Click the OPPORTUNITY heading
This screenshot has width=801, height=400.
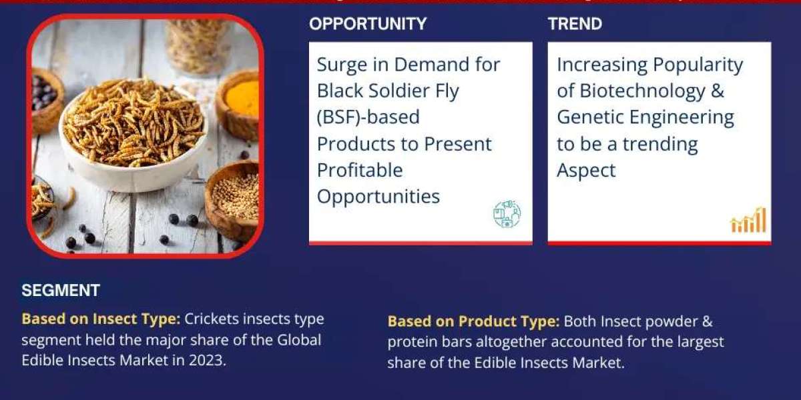[368, 24]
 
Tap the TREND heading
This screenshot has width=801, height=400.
[575, 24]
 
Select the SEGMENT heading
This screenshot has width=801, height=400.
[61, 291]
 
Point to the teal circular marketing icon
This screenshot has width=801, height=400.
[507, 213]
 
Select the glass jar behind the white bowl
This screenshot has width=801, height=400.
[198, 45]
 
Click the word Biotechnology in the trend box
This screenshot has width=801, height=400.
[642, 91]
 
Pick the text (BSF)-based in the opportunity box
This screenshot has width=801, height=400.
[368, 117]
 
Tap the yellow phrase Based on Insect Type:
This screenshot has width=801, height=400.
[101, 319]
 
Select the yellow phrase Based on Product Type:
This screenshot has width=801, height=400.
[473, 321]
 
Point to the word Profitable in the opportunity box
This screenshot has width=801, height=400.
[360, 170]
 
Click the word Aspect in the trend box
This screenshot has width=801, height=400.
[587, 171]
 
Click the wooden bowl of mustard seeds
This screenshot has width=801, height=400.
[234, 200]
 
